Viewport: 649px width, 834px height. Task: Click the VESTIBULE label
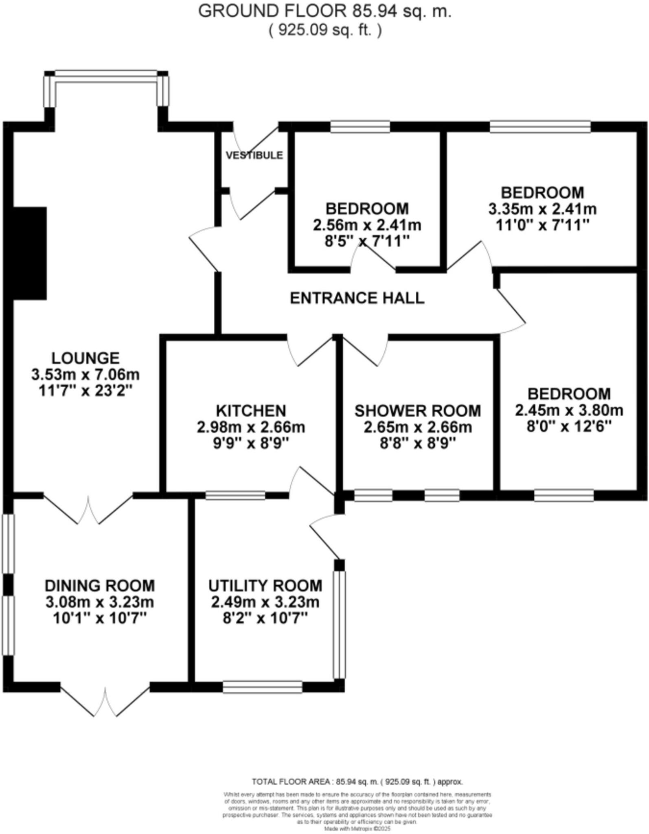(254, 155)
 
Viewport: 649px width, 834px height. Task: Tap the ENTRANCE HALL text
(357, 298)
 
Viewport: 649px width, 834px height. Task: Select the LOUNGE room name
(86, 358)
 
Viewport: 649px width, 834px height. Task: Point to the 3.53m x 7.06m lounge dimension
(86, 374)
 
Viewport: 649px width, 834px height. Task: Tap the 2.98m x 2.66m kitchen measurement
(251, 427)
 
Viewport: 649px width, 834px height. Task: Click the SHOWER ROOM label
(418, 410)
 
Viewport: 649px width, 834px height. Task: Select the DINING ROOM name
(100, 586)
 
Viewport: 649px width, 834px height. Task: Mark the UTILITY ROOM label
(265, 586)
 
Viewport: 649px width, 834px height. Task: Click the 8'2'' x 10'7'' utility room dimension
(265, 619)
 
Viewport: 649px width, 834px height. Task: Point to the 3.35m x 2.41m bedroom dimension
(542, 209)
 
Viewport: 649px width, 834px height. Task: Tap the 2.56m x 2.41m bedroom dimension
(367, 225)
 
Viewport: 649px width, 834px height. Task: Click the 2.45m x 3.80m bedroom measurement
(569, 410)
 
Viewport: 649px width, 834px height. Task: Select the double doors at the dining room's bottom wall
(105, 700)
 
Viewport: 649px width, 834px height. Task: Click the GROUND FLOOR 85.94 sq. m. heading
(324, 11)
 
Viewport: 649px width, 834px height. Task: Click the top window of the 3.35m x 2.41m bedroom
(540, 127)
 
